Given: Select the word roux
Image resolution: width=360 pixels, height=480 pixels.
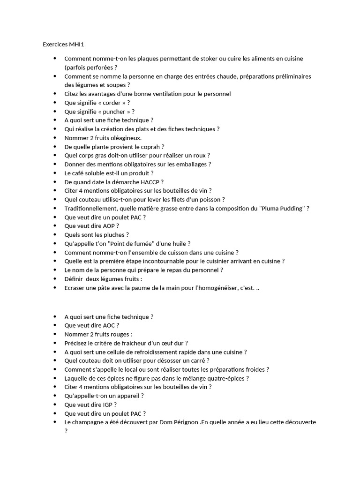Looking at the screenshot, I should pyautogui.click(x=199, y=155).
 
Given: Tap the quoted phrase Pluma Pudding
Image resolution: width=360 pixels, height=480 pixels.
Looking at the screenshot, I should pyautogui.click(x=282, y=208).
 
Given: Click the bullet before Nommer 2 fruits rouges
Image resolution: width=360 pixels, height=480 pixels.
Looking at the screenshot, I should pyautogui.click(x=55, y=334).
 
